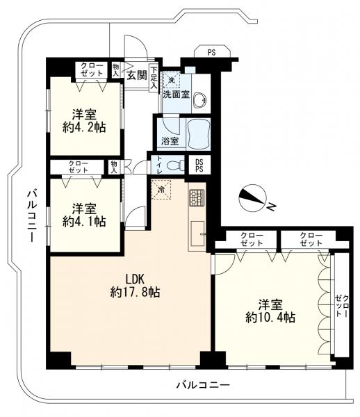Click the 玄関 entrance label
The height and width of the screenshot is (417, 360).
[x=137, y=75]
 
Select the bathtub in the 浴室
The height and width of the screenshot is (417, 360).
[x=199, y=134]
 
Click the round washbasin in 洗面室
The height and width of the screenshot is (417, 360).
[x=199, y=100]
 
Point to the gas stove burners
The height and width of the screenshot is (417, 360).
[x=197, y=198]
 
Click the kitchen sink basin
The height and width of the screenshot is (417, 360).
[x=198, y=234]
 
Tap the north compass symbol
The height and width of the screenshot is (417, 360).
[x=252, y=198]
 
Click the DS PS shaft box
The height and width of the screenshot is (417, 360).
[x=199, y=165]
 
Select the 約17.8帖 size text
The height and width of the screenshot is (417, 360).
[x=135, y=293]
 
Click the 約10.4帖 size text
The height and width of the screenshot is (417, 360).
[x=270, y=318]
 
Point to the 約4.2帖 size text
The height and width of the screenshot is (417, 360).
[x=84, y=127]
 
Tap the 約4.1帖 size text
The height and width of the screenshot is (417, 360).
[x=84, y=221]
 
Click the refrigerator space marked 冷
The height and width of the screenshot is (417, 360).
[x=161, y=189]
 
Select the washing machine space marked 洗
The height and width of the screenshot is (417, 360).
[x=172, y=79]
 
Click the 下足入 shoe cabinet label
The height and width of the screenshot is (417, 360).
[x=154, y=78]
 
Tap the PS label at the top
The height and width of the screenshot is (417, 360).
[x=212, y=53]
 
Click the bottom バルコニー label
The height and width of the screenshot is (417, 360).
[x=203, y=385]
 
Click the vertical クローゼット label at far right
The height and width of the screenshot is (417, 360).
[x=342, y=306]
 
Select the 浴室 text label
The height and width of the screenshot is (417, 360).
[x=170, y=140]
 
